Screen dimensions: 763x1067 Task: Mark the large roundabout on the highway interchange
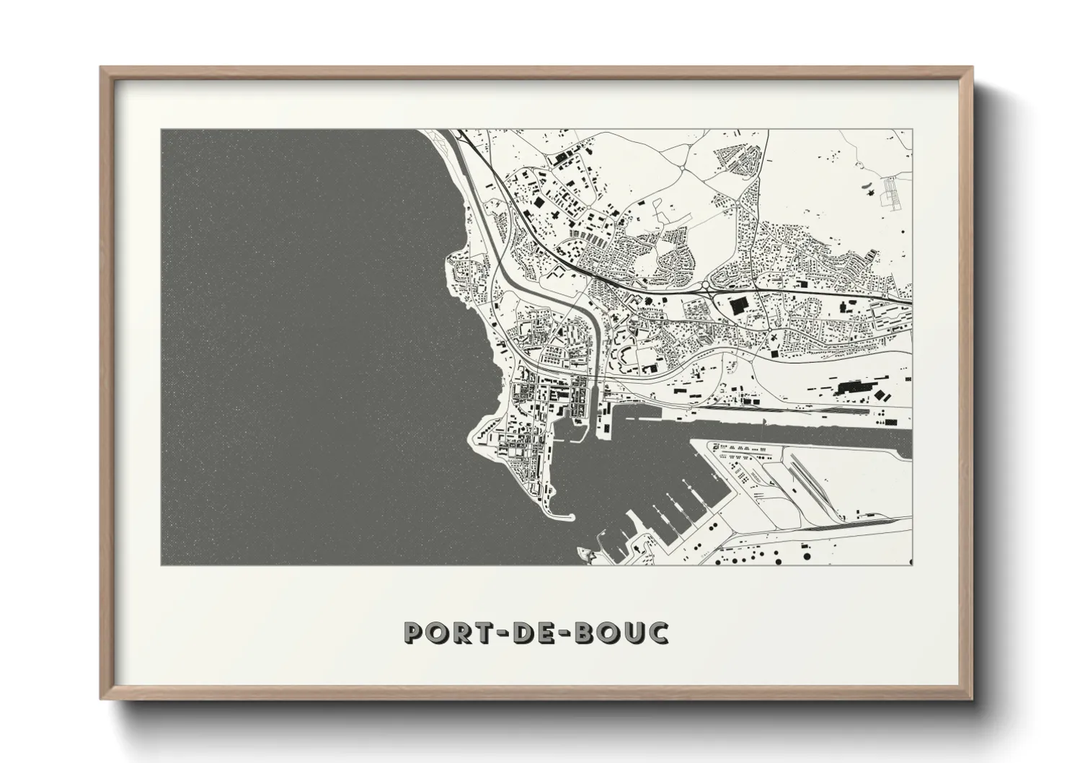point(707,288)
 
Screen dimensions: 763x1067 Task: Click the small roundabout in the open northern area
point(682,169)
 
